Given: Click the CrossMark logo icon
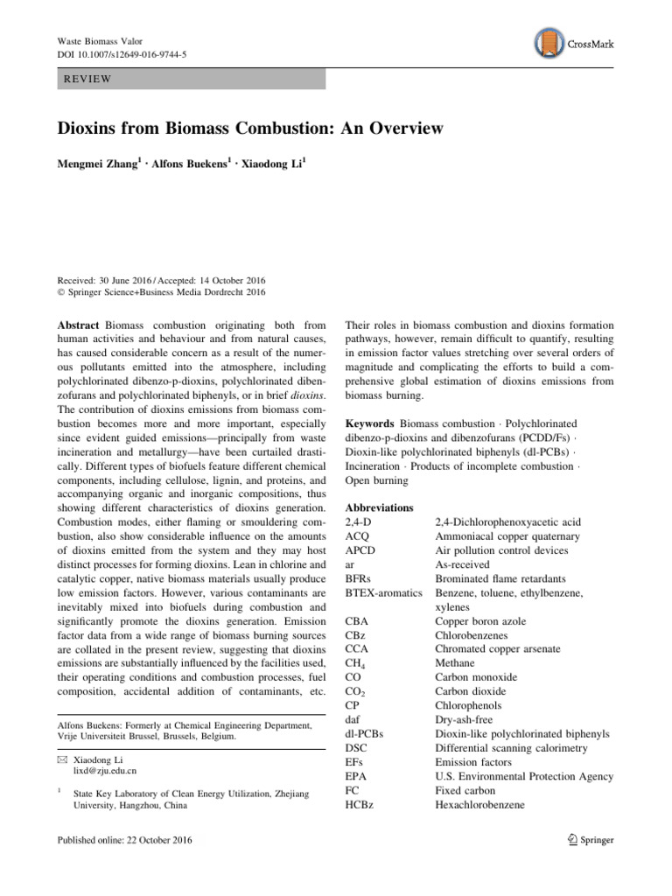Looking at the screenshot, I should click(x=547, y=41).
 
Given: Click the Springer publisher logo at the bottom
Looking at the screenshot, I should click(x=590, y=840).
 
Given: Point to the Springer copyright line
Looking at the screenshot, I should click(x=161, y=267).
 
